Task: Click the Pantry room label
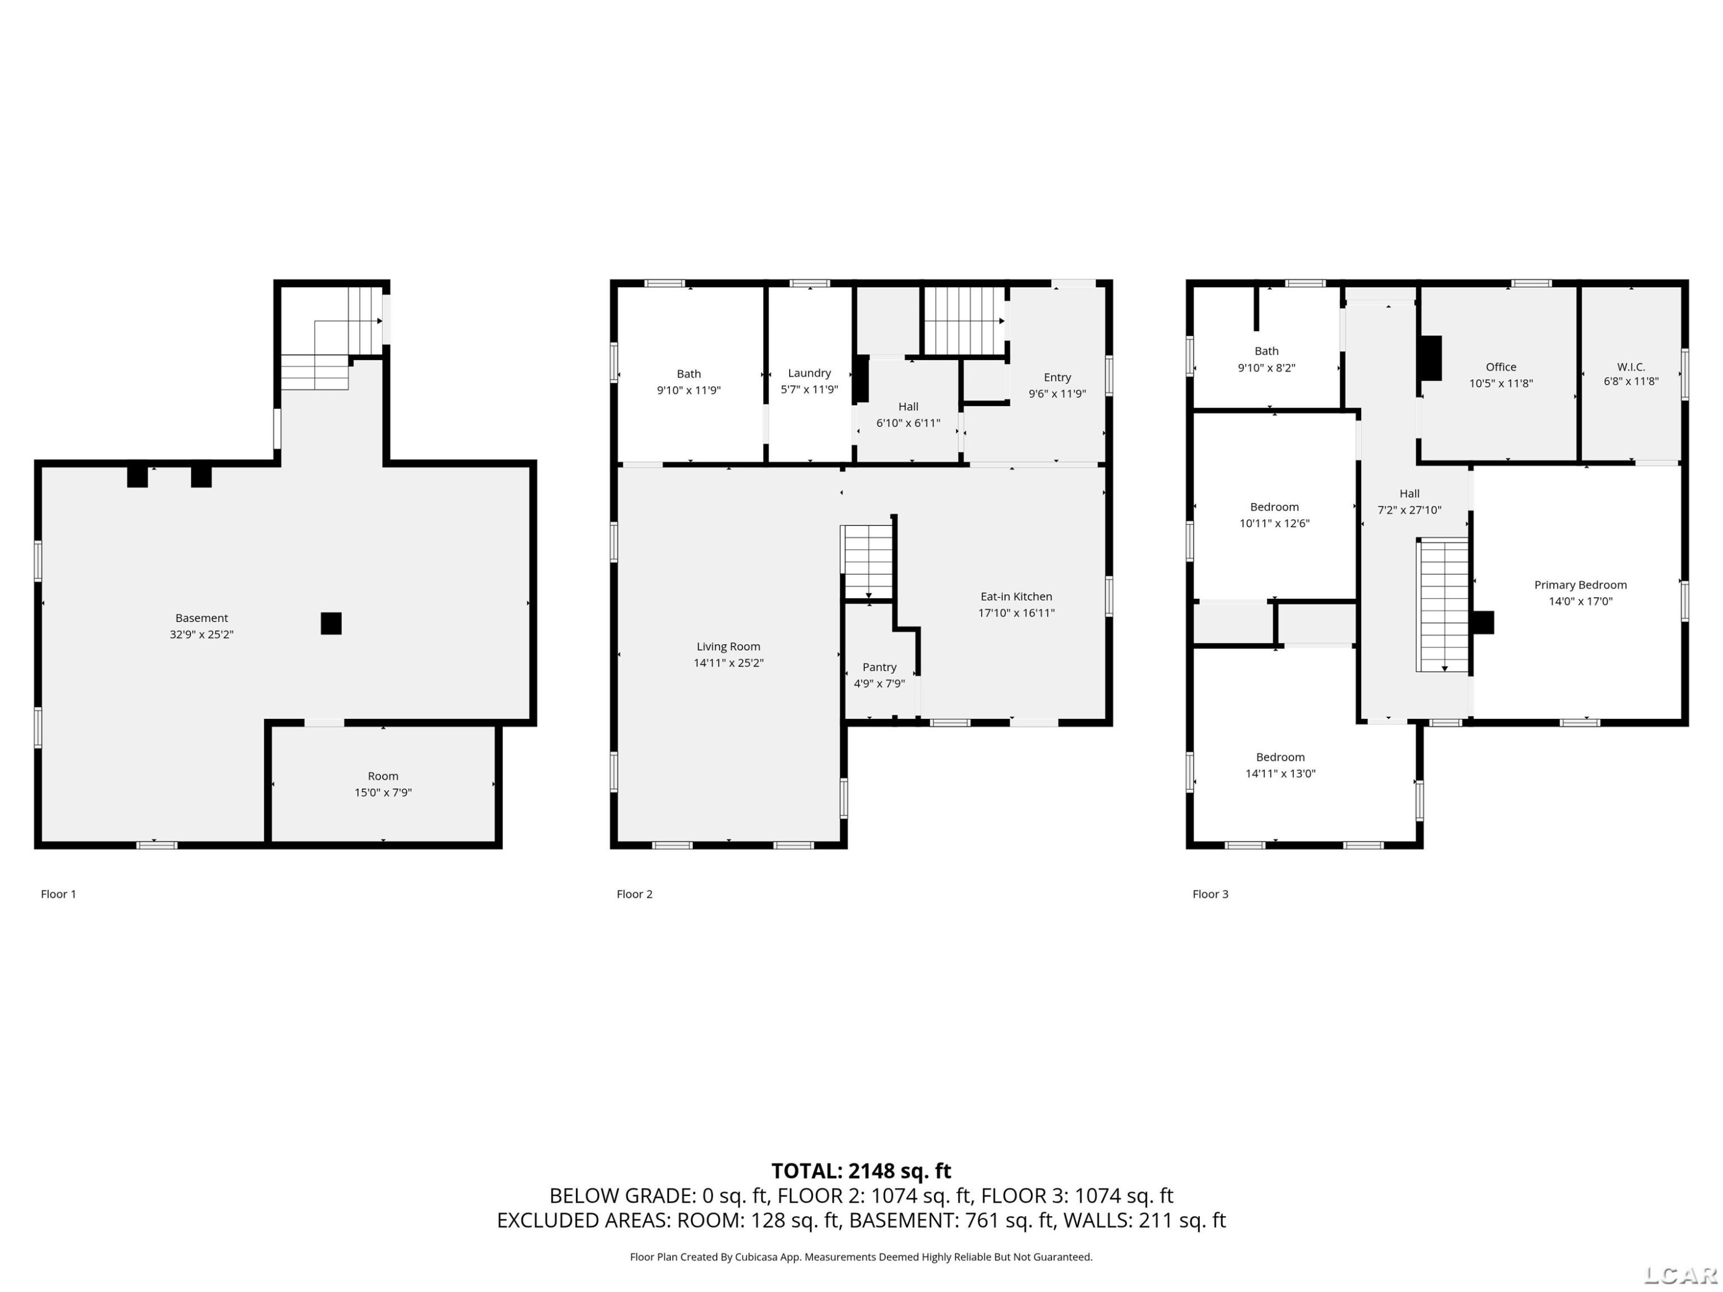[x=879, y=667]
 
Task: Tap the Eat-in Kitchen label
[x=1016, y=597]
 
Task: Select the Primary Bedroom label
[x=1581, y=585]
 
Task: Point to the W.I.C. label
[x=1631, y=367]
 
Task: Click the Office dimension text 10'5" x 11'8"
[x=1501, y=383]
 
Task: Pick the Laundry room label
[x=809, y=373]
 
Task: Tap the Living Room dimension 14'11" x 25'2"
[x=728, y=663]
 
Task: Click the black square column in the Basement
[x=331, y=623]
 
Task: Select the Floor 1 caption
[x=59, y=894]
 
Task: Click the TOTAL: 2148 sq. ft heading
[x=861, y=1170]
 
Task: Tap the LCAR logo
[x=1681, y=1275]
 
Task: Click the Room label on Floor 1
[x=383, y=776]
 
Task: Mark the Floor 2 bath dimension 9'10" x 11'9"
[x=689, y=390]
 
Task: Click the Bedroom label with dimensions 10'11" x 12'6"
[x=1274, y=507]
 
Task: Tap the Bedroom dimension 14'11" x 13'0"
[x=1281, y=773]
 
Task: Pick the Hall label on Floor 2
[x=908, y=407]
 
